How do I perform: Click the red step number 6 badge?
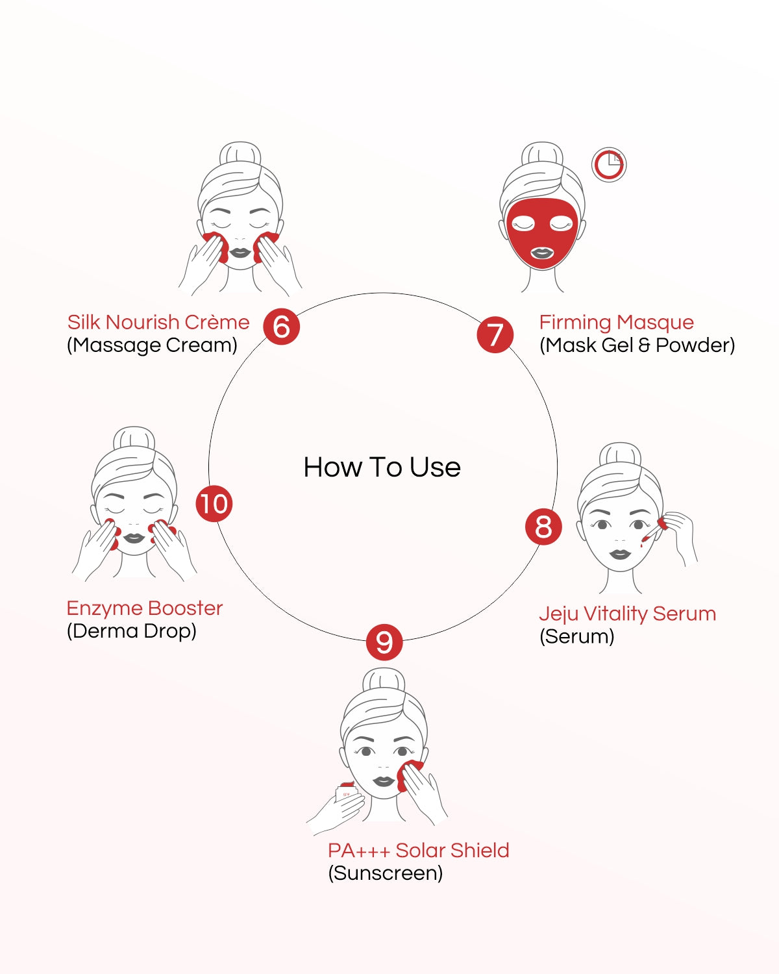coord(281,327)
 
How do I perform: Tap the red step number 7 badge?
coord(495,334)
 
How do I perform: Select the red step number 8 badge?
coord(543,527)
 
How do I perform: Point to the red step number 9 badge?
coord(384,642)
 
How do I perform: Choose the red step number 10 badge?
coord(214,503)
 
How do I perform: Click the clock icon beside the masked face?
coord(609,165)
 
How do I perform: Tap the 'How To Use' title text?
coord(382,468)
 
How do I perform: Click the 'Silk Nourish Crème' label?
coord(158,322)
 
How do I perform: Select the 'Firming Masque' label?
coord(616,322)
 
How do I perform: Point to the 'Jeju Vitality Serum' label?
coord(627,614)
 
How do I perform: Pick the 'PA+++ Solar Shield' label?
coord(418,850)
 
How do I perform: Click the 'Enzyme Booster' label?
coord(145,608)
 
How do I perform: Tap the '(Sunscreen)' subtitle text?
coord(386,873)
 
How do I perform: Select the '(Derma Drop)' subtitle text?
coord(132,631)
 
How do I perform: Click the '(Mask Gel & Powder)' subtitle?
coord(637,345)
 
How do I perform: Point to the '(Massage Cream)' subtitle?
coord(152,345)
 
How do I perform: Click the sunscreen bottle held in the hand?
coord(346,793)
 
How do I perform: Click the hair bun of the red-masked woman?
coord(542,155)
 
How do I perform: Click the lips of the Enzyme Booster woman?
coord(134,538)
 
